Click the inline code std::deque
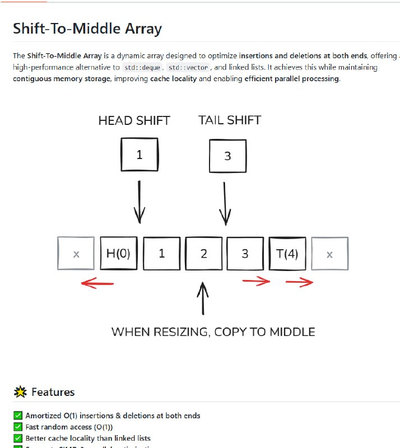click(x=142, y=68)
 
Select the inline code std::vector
click(x=189, y=68)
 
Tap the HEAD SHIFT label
click(x=134, y=120)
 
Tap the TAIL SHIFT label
click(x=229, y=120)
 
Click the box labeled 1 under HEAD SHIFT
click(x=139, y=154)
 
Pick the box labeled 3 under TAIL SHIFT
click(x=227, y=156)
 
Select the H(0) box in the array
click(x=118, y=253)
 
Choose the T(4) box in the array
click(x=287, y=254)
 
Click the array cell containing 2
click(x=204, y=254)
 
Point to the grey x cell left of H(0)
click(x=76, y=254)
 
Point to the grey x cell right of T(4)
click(x=329, y=254)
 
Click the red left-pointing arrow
click(x=97, y=283)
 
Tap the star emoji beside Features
click(x=20, y=392)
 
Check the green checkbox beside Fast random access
click(x=17, y=427)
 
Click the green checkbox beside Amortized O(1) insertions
click(x=17, y=416)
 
